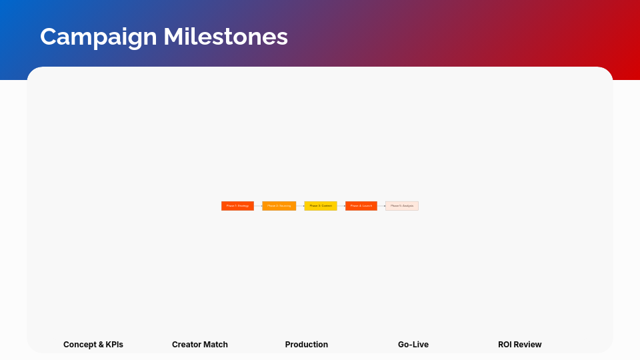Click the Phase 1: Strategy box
coord(237,206)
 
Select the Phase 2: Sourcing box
coord(279,206)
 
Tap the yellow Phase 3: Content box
coord(321,206)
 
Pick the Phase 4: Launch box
coord(361,206)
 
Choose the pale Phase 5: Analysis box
coord(402,206)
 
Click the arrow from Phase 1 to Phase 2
coord(258,206)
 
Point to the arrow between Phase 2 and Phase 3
coord(300,206)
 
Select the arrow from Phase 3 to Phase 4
coord(341,206)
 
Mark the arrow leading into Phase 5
coord(381,206)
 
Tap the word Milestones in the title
coord(226,37)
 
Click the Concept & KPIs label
coord(93,345)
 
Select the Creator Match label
coord(200,345)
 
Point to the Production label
coord(307,345)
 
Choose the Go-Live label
coord(413,345)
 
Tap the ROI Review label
coord(520,345)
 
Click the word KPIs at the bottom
coord(112,345)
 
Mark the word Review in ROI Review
coord(529,345)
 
